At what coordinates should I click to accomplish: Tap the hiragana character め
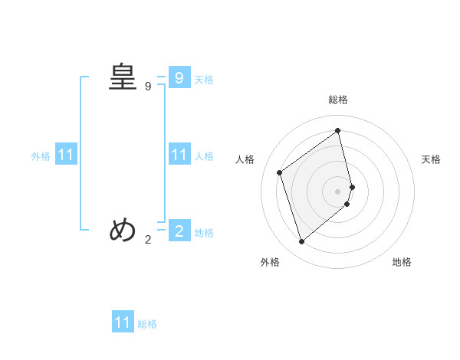[123, 230]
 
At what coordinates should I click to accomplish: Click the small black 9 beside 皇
[148, 87]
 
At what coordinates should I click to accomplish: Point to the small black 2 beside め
[148, 240]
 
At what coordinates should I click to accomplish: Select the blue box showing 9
[179, 77]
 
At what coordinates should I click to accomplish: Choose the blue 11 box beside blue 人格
[179, 155]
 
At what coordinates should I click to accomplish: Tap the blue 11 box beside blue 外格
[66, 155]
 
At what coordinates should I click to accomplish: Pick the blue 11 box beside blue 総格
[123, 322]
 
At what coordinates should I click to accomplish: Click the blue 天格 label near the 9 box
[204, 79]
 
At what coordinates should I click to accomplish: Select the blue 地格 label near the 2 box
[204, 233]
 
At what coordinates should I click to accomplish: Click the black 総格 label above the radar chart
[338, 100]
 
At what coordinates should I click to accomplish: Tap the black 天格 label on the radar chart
[431, 159]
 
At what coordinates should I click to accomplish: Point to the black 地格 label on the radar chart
[402, 262]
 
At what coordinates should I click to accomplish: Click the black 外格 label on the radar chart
[270, 262]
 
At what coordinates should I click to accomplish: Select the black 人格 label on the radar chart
[245, 159]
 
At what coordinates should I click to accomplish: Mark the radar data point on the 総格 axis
[338, 130]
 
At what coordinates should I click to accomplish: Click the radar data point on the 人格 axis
[280, 172]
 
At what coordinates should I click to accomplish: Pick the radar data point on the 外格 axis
[302, 242]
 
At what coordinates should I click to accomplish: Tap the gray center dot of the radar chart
[338, 191]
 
